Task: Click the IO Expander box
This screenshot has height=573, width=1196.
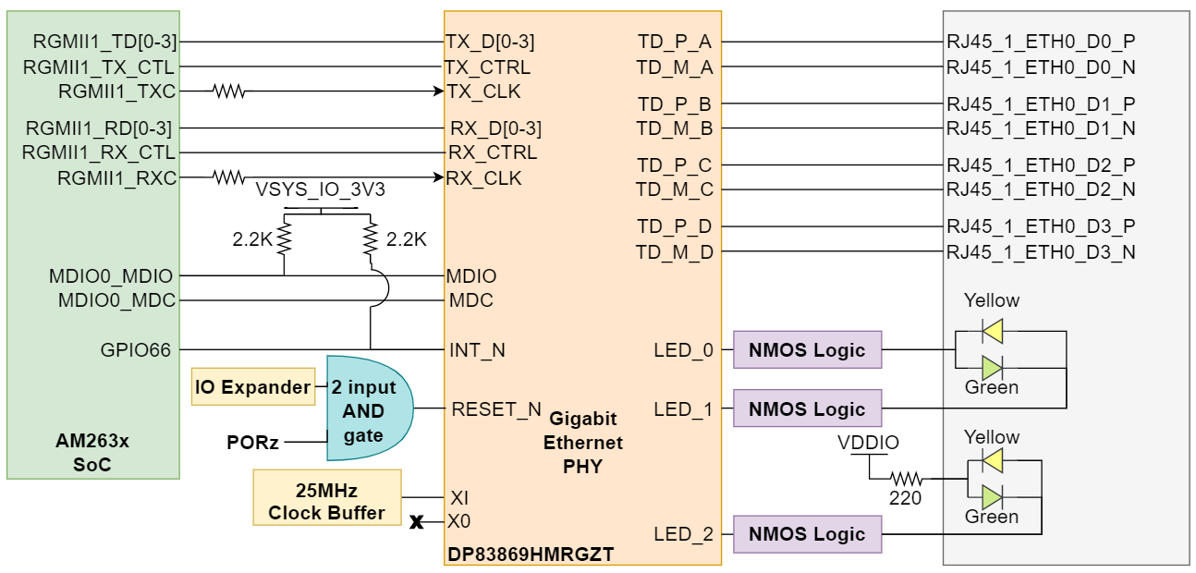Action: pyautogui.click(x=253, y=387)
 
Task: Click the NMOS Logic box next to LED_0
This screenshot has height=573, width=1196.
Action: pyautogui.click(x=807, y=350)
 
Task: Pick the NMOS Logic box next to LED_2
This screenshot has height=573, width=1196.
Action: pyautogui.click(x=807, y=534)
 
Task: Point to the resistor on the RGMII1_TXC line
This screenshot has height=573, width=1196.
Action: pyautogui.click(x=228, y=91)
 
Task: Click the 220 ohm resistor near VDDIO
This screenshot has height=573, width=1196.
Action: pyautogui.click(x=907, y=480)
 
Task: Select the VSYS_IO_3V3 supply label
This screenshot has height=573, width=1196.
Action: pyautogui.click(x=321, y=190)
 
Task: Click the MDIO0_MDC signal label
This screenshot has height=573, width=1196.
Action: pyautogui.click(x=116, y=300)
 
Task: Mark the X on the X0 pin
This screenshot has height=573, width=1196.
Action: pyautogui.click(x=417, y=522)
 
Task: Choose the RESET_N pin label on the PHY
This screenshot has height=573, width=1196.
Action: pyautogui.click(x=495, y=408)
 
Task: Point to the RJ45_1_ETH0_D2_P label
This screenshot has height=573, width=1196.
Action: pyautogui.click(x=1041, y=165)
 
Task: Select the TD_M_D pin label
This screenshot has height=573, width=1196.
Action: pyautogui.click(x=674, y=251)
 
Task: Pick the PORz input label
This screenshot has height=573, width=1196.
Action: pyautogui.click(x=252, y=443)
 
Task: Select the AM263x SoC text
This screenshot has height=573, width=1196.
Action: pyautogui.click(x=92, y=453)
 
